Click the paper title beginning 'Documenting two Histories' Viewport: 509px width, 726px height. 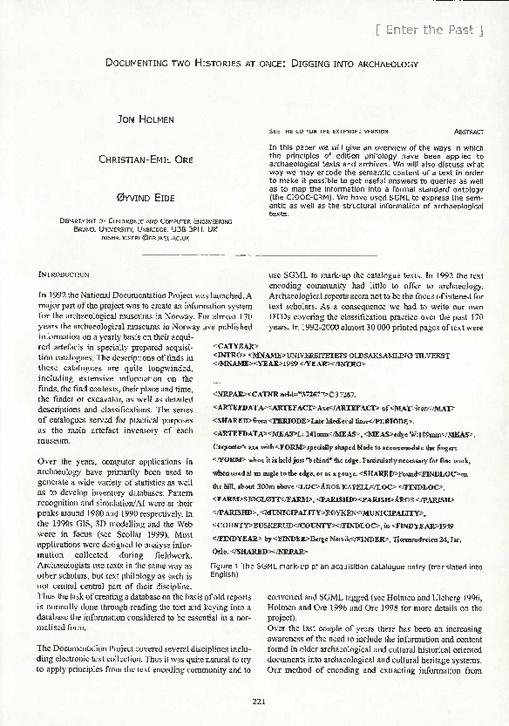click(261, 64)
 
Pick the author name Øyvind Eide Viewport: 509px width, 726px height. click(139, 199)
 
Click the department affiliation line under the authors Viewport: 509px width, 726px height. click(139, 221)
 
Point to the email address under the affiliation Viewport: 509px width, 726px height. click(139, 237)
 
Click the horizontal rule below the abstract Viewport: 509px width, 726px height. click(261, 254)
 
